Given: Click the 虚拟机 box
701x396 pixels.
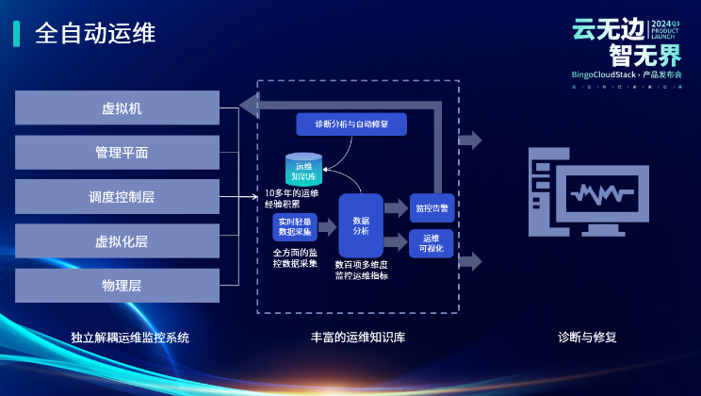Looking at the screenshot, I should pyautogui.click(x=118, y=107).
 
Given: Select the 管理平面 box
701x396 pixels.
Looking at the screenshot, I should pyautogui.click(x=118, y=152).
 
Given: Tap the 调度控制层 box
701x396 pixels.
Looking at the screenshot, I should pyautogui.click(x=118, y=197).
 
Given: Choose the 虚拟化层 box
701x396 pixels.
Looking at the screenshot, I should pyautogui.click(x=118, y=240).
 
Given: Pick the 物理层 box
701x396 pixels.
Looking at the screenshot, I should pyautogui.click(x=118, y=285).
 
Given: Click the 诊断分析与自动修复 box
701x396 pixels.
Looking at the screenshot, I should pyautogui.click(x=350, y=124).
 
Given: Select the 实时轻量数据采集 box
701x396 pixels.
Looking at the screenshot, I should pyautogui.click(x=294, y=226).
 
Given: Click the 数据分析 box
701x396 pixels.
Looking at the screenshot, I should pyautogui.click(x=360, y=225).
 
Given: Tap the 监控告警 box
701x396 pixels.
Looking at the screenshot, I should pyautogui.click(x=432, y=207).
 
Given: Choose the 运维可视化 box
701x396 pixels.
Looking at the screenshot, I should pyautogui.click(x=432, y=243).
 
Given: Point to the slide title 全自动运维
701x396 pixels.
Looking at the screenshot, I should pyautogui.click(x=95, y=33).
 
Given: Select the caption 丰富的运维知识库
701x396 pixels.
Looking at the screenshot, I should pyautogui.click(x=359, y=337).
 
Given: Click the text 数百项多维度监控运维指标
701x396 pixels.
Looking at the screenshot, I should pyautogui.click(x=362, y=271).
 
